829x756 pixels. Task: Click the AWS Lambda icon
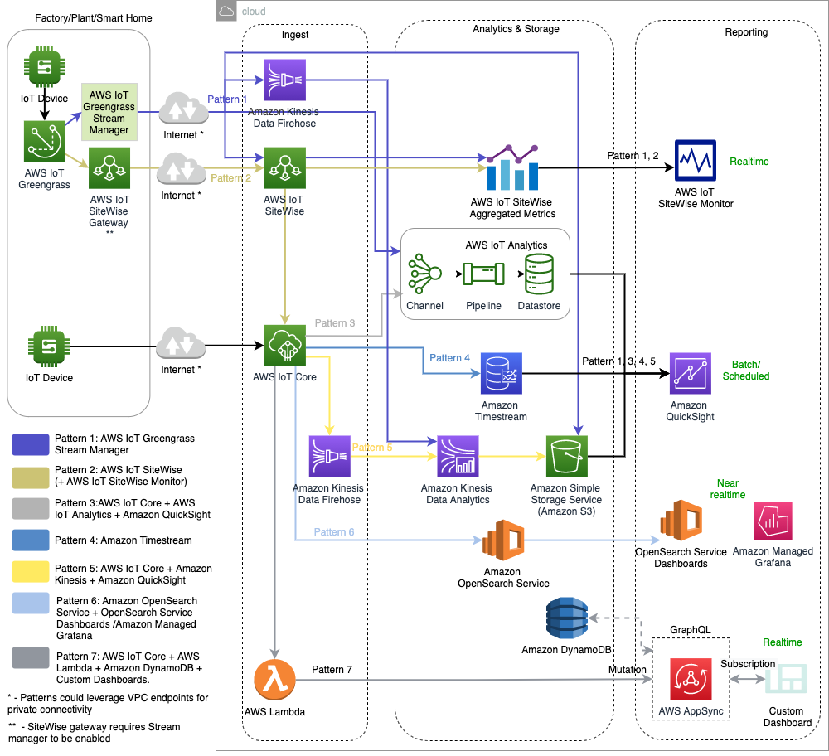pyautogui.click(x=275, y=681)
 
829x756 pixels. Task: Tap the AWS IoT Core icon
pyautogui.click(x=285, y=345)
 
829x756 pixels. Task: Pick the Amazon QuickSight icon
pyautogui.click(x=691, y=374)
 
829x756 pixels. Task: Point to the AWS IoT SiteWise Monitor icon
pyautogui.click(x=695, y=159)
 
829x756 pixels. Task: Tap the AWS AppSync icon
pyautogui.click(x=691, y=681)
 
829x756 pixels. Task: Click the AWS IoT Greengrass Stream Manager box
pyautogui.click(x=109, y=112)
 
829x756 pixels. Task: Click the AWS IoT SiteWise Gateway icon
pyautogui.click(x=109, y=168)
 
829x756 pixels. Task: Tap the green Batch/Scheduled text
pyautogui.click(x=746, y=371)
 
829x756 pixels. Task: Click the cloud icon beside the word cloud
pyautogui.click(x=227, y=11)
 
